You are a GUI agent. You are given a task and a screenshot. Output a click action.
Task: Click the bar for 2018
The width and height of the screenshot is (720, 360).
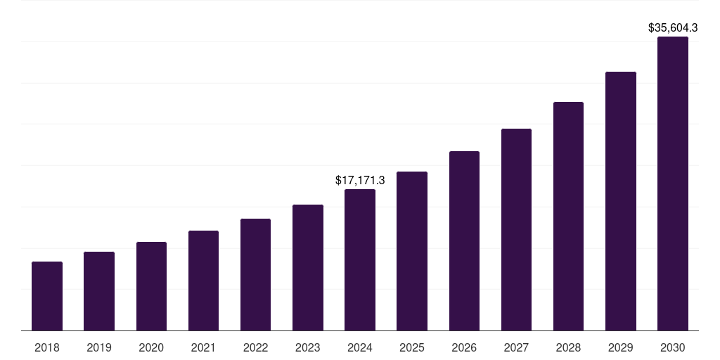pos(47,296)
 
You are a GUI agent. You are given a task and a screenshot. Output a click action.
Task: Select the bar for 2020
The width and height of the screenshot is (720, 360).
pos(151,286)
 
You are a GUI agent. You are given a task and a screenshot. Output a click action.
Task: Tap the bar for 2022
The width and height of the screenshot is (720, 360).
pos(255,274)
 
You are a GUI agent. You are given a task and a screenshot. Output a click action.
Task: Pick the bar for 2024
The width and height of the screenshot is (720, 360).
pos(360,259)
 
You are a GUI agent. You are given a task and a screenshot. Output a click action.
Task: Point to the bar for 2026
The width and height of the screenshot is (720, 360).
pos(464,240)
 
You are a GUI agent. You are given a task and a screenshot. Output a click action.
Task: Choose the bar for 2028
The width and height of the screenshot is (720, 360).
pos(568,216)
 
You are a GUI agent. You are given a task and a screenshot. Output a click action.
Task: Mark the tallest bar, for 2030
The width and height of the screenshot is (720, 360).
pos(673,184)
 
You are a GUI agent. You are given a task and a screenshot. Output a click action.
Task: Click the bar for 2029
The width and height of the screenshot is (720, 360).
pos(621,201)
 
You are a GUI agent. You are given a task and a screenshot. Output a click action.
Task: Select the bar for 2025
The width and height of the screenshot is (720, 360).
pos(412,251)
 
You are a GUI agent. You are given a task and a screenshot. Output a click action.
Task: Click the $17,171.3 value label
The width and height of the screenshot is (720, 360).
pos(360,181)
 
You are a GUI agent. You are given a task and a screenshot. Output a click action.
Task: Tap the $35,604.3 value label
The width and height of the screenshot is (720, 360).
pos(673,28)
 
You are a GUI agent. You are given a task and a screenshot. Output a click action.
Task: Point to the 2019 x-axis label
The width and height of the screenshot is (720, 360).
pos(99,347)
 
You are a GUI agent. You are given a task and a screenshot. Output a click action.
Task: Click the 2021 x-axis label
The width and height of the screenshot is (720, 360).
pos(203,347)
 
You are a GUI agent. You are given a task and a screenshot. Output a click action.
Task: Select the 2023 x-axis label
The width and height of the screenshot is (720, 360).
pos(308,347)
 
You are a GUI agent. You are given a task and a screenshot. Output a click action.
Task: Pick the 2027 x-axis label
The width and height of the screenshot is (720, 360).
pos(516,347)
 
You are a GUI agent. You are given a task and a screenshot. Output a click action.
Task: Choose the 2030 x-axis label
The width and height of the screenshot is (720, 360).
pos(673,347)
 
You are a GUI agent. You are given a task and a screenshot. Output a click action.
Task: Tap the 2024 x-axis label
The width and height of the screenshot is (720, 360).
pos(360,347)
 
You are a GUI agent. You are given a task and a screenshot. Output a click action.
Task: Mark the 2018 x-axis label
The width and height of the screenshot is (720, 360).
pos(47,347)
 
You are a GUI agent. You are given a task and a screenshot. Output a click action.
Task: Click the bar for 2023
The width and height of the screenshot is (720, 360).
pos(308,267)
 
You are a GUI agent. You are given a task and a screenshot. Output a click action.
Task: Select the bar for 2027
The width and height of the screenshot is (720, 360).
pos(516,229)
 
